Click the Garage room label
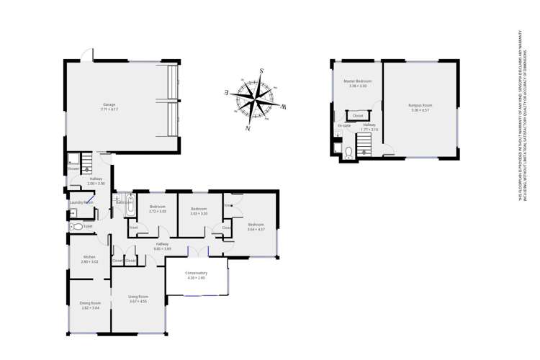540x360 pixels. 109,104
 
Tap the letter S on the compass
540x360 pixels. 261,71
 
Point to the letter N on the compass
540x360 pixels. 248,128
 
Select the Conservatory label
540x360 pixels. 197,274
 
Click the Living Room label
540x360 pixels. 138,297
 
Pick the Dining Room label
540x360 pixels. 90,303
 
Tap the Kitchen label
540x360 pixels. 89,257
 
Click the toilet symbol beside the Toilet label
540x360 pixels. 77,227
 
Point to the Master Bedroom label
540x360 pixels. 357,81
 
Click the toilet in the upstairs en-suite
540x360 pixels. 348,152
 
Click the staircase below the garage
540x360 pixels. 86,163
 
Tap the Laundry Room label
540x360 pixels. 81,203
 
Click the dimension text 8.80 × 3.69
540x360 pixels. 163,248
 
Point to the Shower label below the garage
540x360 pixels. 73,170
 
